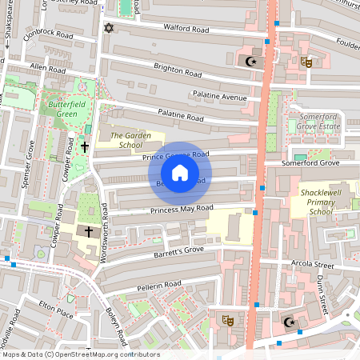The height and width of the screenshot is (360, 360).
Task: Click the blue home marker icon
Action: click(x=180, y=172)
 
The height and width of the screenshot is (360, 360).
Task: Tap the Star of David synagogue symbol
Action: click(x=110, y=29)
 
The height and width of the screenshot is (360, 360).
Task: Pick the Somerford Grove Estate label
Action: click(x=318, y=122)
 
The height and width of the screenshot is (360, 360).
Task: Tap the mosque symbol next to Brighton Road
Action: click(x=251, y=61)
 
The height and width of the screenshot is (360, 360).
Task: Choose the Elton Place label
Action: click(x=56, y=309)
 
